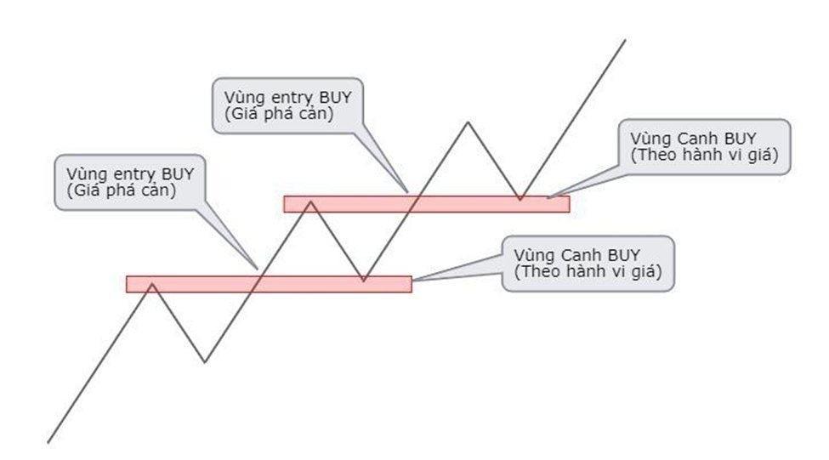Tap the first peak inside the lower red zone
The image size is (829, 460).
tap(151, 283)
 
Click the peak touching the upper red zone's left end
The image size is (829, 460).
tap(311, 202)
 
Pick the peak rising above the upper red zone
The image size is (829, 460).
tap(467, 122)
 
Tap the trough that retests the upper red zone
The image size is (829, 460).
tap(520, 201)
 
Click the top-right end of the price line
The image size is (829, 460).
tap(625, 39)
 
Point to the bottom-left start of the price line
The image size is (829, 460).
tap(48, 442)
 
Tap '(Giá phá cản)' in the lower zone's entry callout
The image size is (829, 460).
tap(125, 190)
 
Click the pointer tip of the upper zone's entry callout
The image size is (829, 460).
tap(408, 191)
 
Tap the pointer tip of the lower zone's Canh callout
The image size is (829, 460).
tap(414, 280)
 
